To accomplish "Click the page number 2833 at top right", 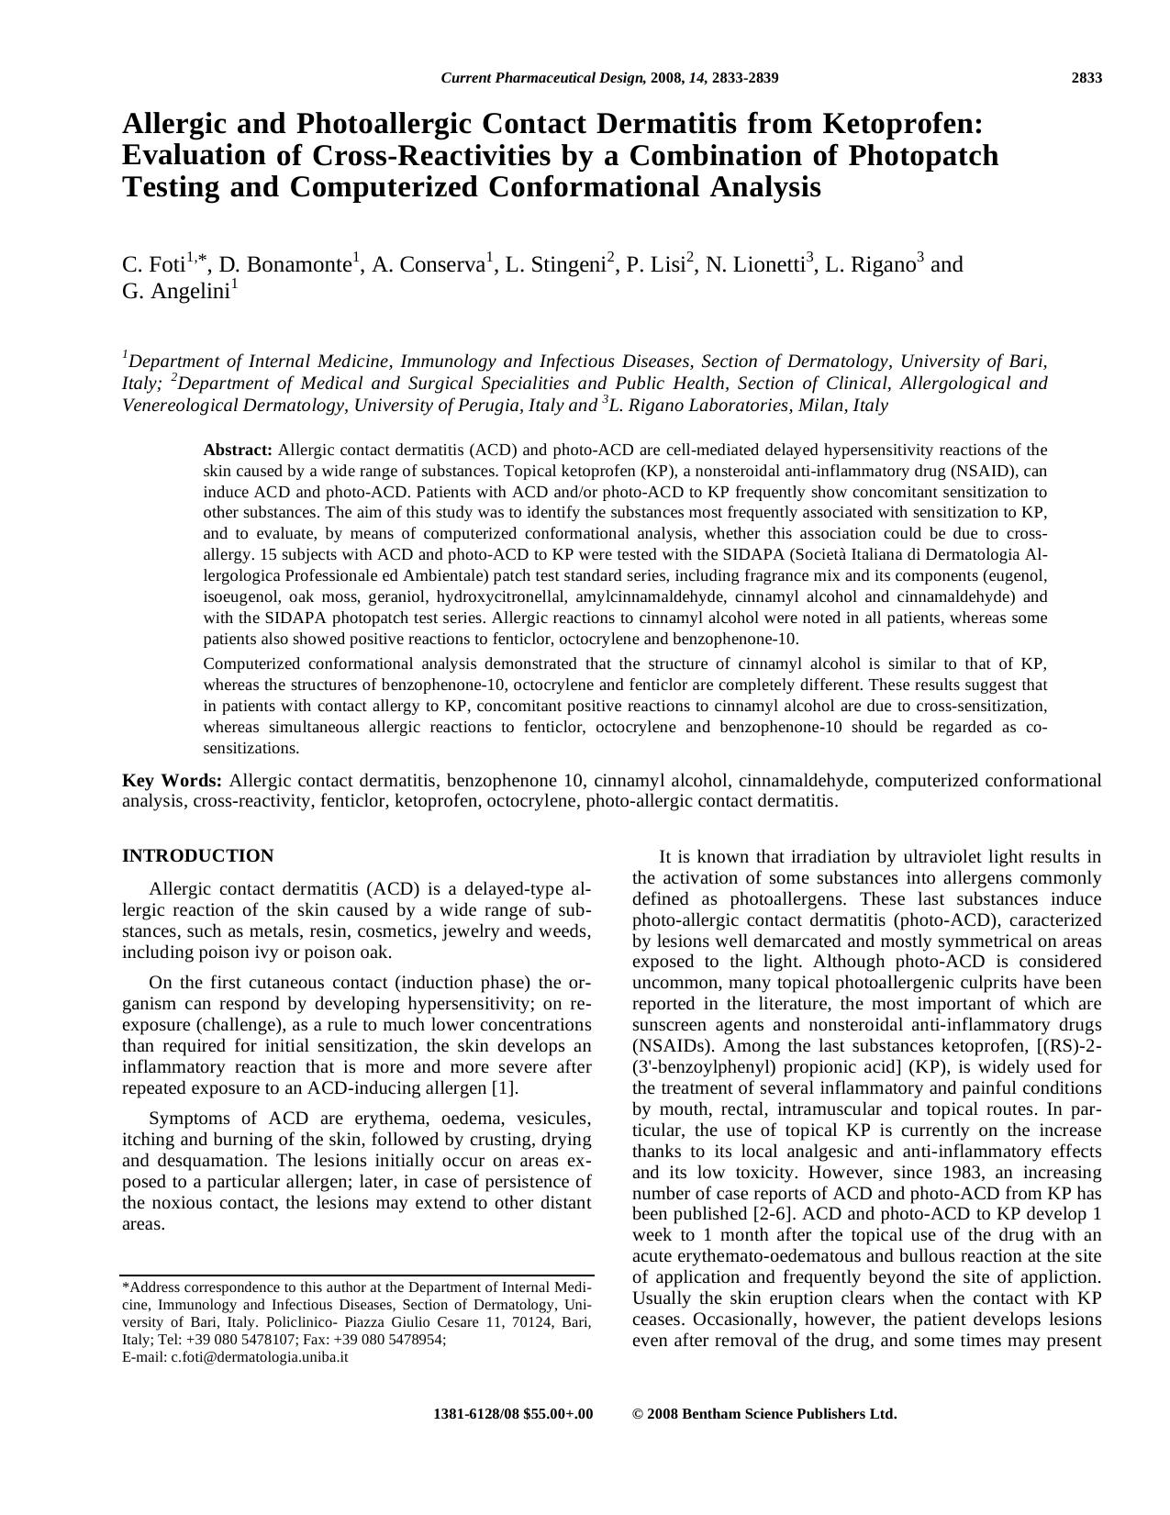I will pyautogui.click(x=1086, y=78).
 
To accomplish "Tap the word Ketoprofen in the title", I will pyautogui.click(x=898, y=123).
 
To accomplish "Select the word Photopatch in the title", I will pyautogui.click(x=923, y=155).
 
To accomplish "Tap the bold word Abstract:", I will pyautogui.click(x=238, y=450).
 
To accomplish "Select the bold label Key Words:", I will pyautogui.click(x=172, y=781).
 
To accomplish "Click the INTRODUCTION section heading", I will pyautogui.click(x=197, y=856).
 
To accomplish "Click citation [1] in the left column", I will pyautogui.click(x=506, y=1088).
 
